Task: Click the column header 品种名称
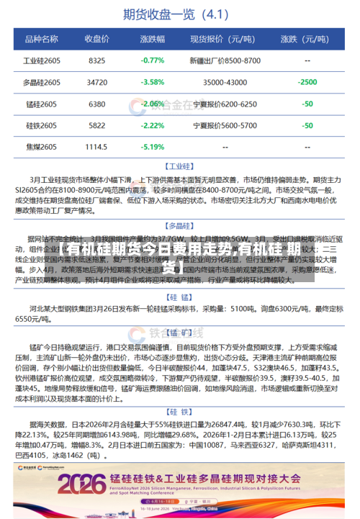click(x=41, y=39)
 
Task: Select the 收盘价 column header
click(x=97, y=39)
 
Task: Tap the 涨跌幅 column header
click(x=153, y=39)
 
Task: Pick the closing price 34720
click(x=97, y=82)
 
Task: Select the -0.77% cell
click(x=153, y=60)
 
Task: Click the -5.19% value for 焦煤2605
click(x=153, y=147)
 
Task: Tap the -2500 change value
click(x=307, y=82)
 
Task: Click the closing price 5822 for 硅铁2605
click(x=97, y=125)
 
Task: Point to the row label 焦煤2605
click(x=41, y=147)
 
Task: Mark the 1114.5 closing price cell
click(x=97, y=147)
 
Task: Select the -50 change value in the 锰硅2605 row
click(x=307, y=104)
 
